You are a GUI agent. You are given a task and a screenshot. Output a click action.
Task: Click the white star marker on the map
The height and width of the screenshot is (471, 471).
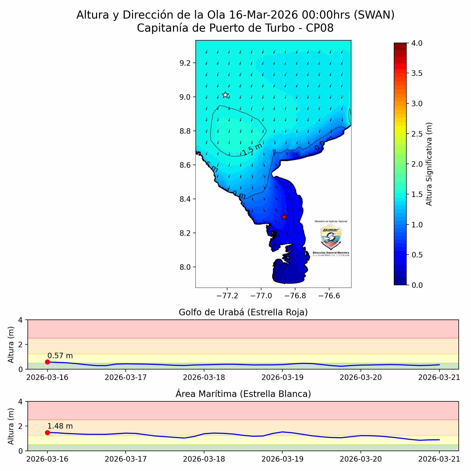pos(225,95)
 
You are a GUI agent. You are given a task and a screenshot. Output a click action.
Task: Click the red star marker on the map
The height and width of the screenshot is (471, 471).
pos(284,217)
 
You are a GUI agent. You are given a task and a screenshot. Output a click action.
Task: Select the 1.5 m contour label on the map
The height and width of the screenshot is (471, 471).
pos(252,149)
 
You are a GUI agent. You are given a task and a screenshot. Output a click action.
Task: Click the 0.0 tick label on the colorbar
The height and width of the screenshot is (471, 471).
pos(417,285)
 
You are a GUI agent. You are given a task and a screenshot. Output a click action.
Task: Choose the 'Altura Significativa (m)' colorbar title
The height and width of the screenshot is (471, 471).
pos(429,164)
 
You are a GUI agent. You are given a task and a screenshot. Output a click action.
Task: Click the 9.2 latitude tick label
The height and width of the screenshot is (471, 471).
pos(185,63)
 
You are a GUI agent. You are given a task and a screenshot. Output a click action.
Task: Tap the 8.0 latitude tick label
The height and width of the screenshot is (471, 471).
pos(185,267)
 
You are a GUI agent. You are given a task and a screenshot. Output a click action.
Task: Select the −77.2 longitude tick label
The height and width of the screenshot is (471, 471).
pos(227,296)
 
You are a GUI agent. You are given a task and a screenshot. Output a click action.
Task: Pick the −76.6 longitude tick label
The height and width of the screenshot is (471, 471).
pos(329,296)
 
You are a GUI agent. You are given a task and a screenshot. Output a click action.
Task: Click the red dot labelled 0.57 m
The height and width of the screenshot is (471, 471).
pos(47,362)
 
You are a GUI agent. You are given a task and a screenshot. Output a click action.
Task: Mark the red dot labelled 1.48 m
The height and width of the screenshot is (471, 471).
pos(47,433)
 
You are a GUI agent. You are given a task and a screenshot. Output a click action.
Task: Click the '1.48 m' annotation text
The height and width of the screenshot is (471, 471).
pos(60,426)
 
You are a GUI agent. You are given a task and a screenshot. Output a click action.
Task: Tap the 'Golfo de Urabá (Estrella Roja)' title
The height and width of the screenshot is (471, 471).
pos(243,312)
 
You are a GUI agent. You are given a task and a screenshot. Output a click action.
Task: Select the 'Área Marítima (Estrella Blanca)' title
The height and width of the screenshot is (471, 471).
pos(243,394)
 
